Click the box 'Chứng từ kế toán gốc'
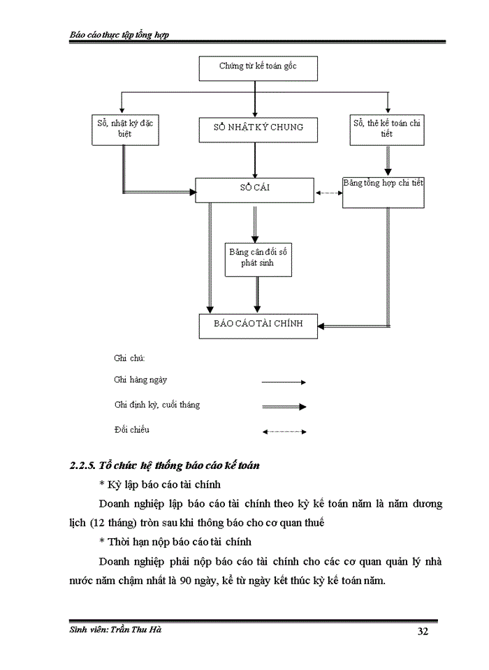click(258, 68)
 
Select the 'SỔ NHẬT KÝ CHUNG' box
click(258, 128)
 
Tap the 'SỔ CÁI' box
click(254, 189)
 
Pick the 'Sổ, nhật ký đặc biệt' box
click(124, 128)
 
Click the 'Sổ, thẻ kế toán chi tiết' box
click(386, 128)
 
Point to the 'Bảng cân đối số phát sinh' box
click(256, 258)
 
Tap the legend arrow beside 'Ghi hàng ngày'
click(284, 382)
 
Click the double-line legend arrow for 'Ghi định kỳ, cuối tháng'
click(284, 406)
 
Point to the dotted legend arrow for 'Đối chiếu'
click(284, 432)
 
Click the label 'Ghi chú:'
click(129, 358)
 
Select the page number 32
click(423, 632)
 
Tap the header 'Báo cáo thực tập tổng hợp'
click(119, 35)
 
